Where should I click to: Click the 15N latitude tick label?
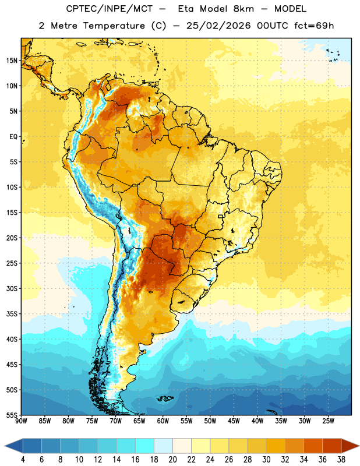[x=12, y=61]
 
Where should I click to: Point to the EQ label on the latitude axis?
[x=13, y=137]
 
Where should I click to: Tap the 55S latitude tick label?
[x=12, y=415]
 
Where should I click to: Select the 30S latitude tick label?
[x=12, y=288]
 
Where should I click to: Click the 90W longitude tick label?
[x=22, y=421]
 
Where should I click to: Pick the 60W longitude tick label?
[x=163, y=421]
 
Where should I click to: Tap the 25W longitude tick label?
[x=328, y=421]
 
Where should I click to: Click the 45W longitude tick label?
[x=234, y=421]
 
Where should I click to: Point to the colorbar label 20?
[x=172, y=460]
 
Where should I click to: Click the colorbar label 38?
[x=341, y=460]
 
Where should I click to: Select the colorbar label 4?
[x=23, y=460]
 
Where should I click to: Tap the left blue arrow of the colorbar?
[x=13, y=446]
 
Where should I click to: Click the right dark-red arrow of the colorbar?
[x=350, y=446]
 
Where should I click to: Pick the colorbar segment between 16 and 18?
[x=144, y=446]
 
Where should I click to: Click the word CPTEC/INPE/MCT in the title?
[x=109, y=9]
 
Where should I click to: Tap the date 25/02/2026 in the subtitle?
[x=218, y=26]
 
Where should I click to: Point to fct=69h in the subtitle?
[x=314, y=26]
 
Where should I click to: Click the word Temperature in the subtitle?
[x=114, y=26]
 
